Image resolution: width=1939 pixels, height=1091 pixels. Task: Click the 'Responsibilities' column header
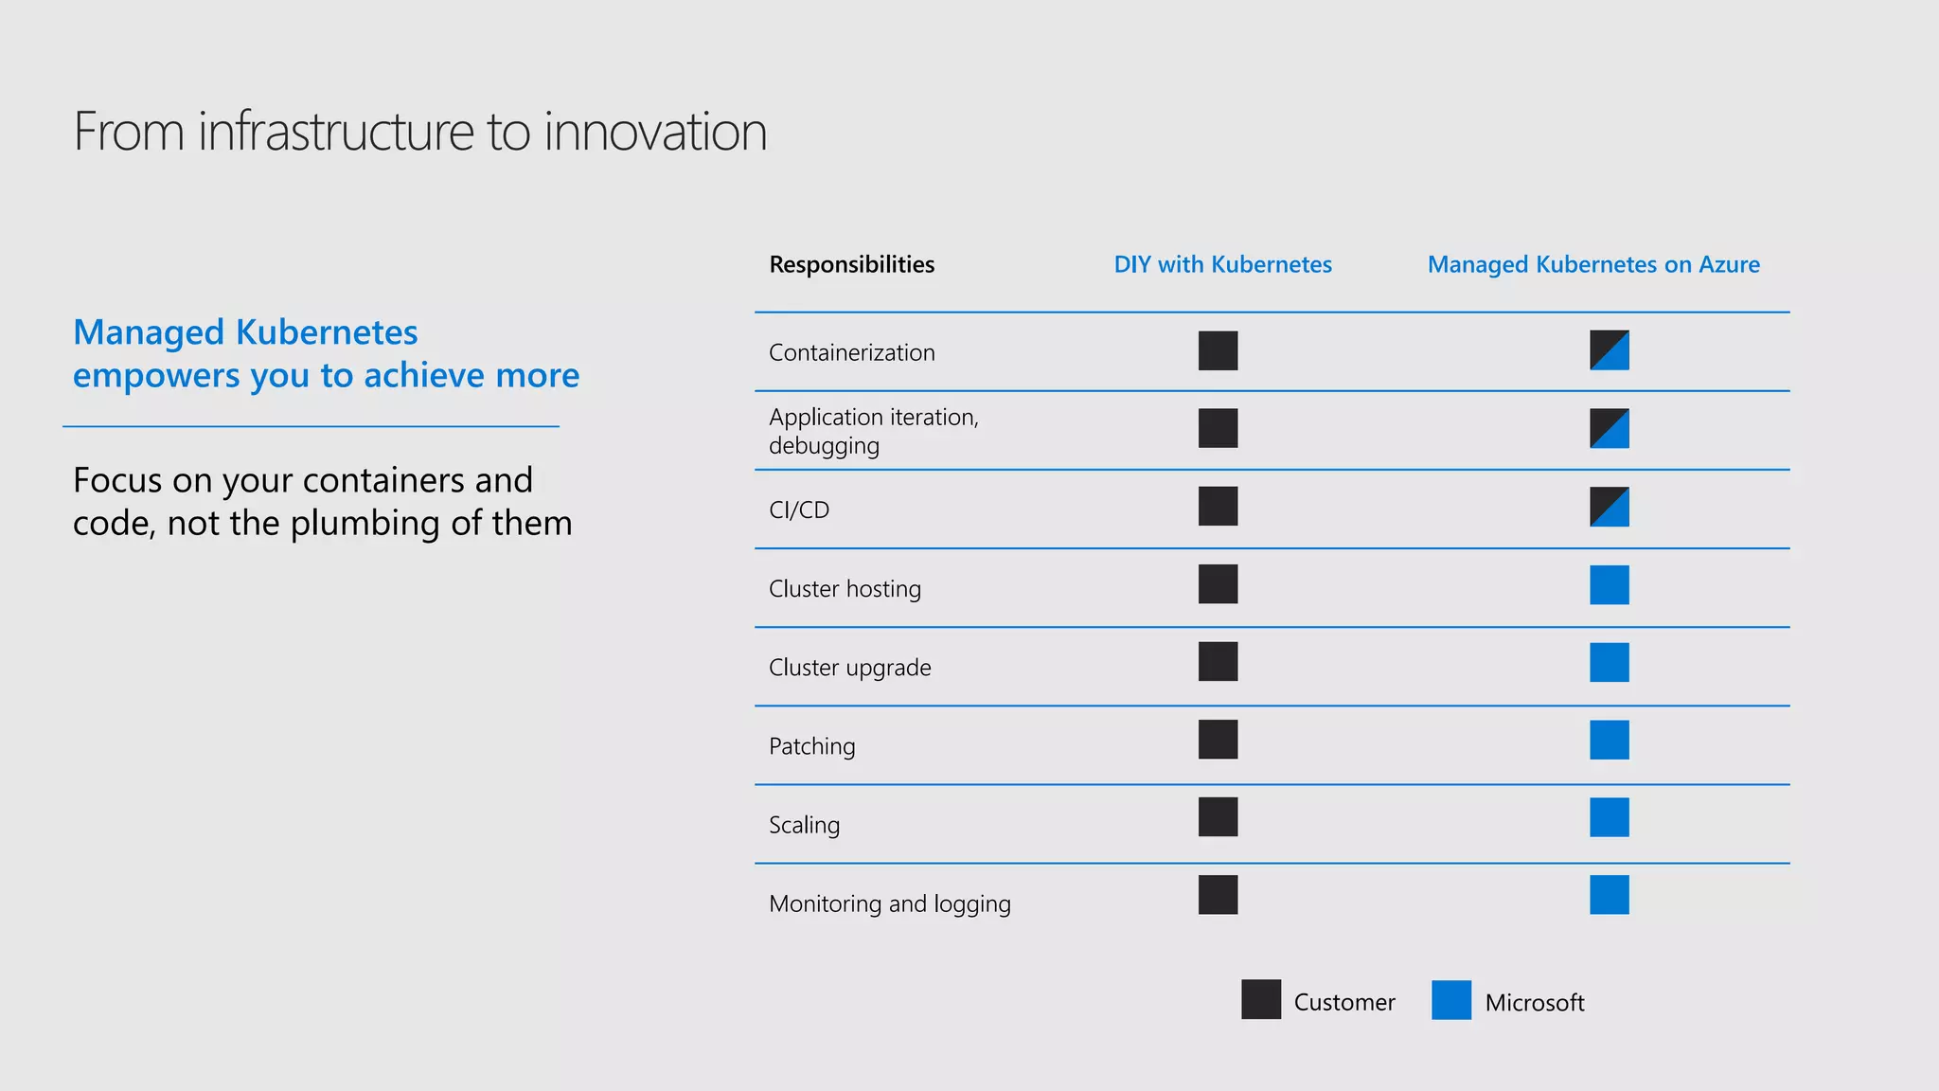(x=851, y=264)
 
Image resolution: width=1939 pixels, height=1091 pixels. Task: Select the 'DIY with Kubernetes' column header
(x=1222, y=264)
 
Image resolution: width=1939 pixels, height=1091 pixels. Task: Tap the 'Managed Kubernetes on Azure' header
(x=1593, y=264)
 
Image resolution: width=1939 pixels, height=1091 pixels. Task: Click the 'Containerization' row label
(x=851, y=352)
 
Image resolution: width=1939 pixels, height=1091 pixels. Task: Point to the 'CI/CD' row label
(x=799, y=510)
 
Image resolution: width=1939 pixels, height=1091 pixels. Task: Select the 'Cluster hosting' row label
(x=845, y=588)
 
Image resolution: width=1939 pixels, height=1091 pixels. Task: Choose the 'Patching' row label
(x=811, y=745)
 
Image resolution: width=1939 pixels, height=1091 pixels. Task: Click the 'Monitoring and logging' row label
(x=889, y=903)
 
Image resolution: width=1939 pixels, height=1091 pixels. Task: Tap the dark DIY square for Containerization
(x=1218, y=350)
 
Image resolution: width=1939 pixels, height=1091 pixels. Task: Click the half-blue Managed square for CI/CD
(x=1609, y=507)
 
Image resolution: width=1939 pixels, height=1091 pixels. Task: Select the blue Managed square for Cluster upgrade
(x=1609, y=662)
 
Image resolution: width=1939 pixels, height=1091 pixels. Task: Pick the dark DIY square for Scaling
(x=1218, y=816)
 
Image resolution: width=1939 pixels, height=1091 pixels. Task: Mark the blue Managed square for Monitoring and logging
(x=1609, y=894)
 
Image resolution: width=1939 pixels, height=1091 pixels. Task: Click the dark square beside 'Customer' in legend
(x=1260, y=999)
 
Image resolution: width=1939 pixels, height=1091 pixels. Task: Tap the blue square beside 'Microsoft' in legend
(x=1450, y=999)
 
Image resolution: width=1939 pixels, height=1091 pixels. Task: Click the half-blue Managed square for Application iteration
(x=1609, y=428)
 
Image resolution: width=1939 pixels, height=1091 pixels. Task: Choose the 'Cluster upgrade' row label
(x=849, y=667)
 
